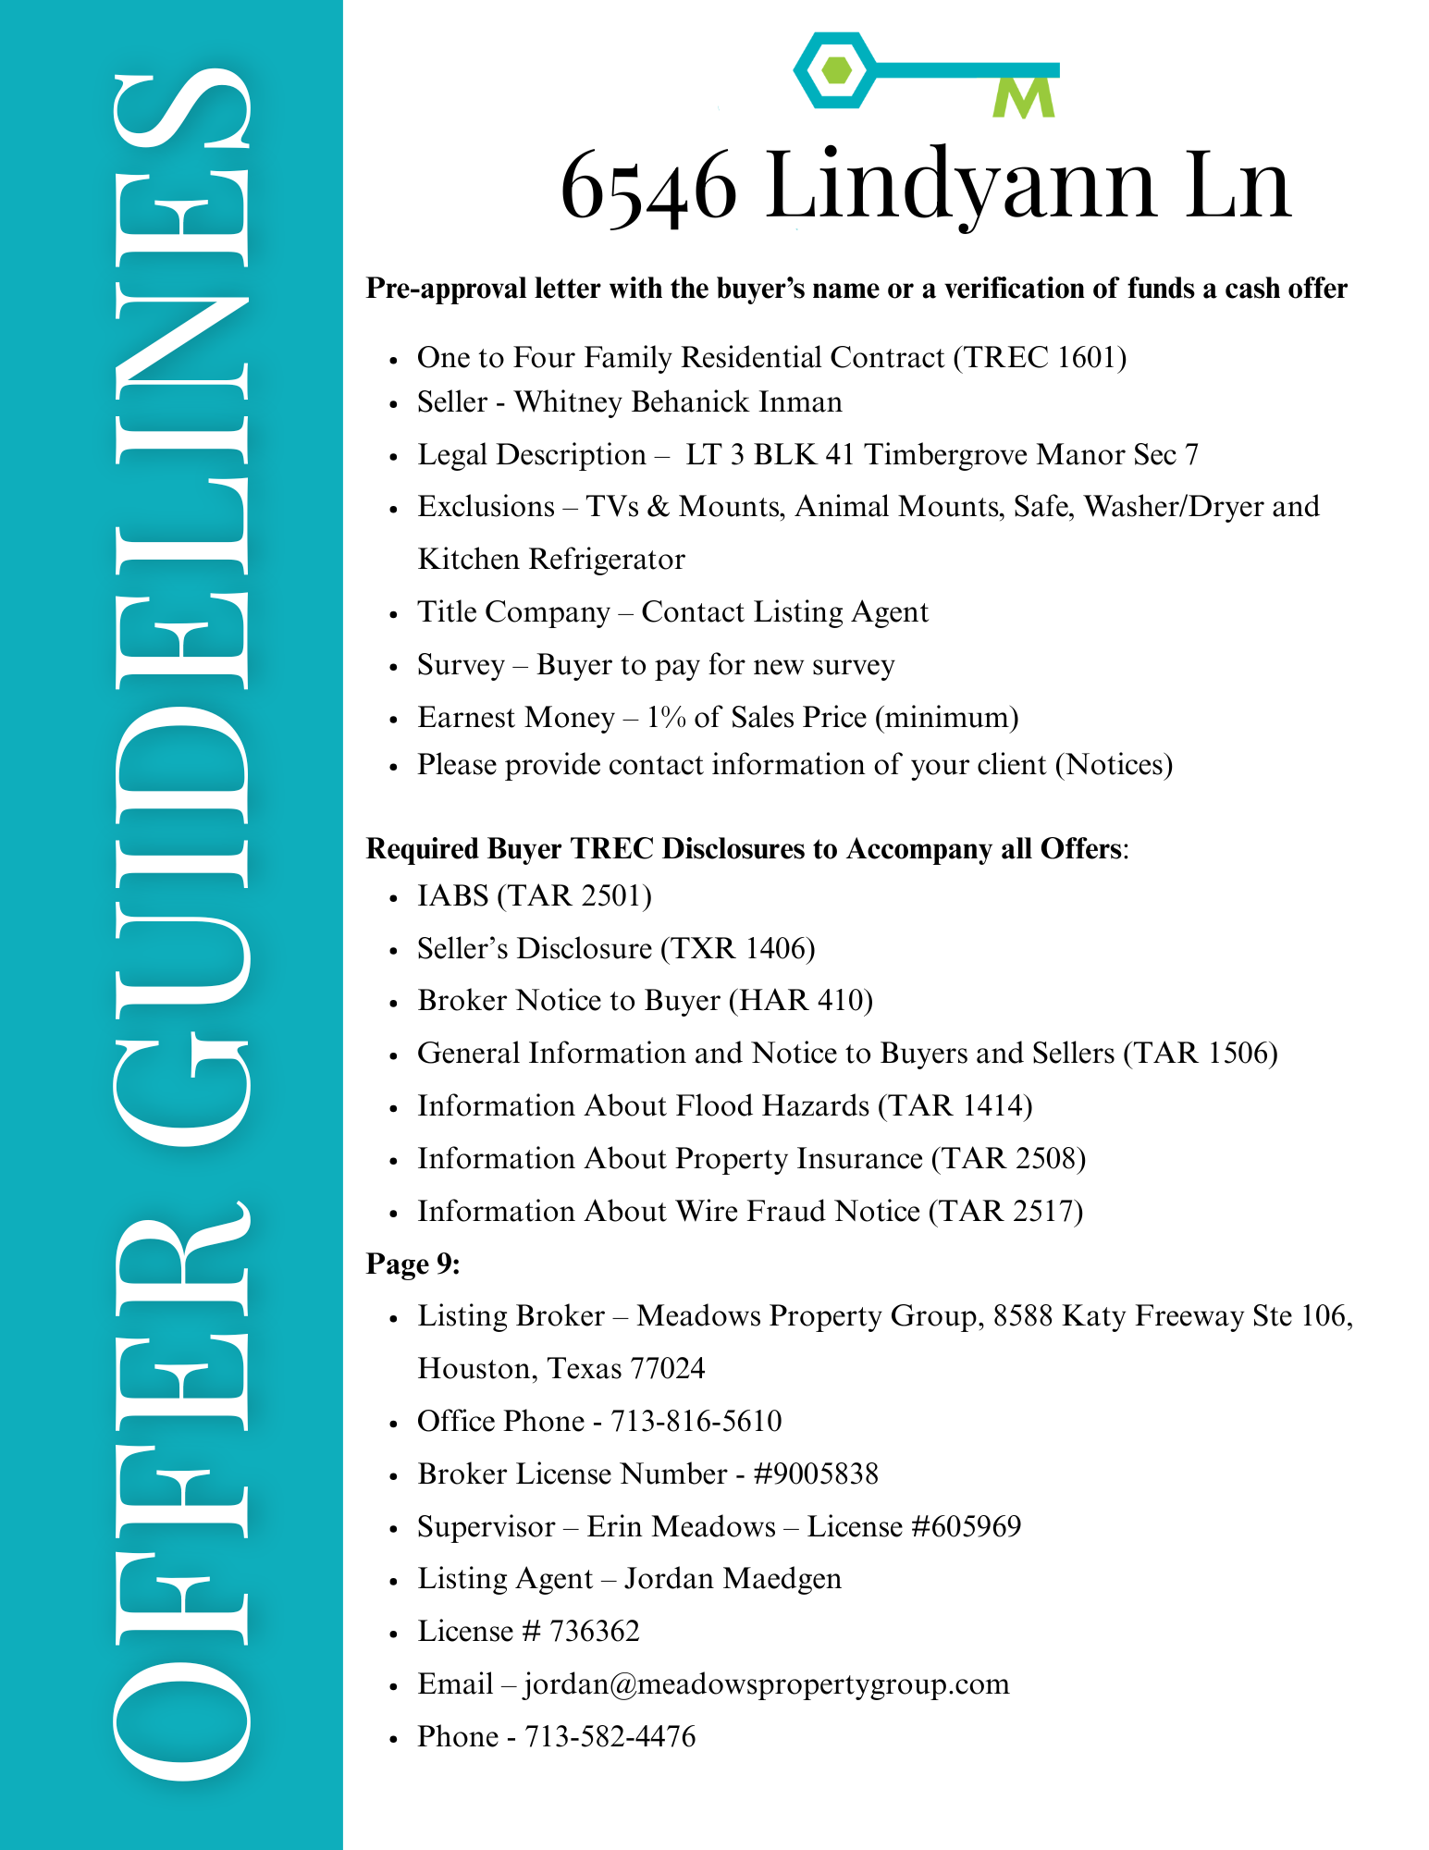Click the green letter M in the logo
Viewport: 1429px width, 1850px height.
1024,97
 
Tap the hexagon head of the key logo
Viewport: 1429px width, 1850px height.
835,70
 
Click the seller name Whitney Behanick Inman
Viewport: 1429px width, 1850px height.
678,402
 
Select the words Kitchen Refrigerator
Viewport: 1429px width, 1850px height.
551,560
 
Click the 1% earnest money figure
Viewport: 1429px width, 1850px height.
666,718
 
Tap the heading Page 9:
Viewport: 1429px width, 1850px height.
413,1264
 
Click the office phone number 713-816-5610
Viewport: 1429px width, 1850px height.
696,1421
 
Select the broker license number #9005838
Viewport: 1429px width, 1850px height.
816,1474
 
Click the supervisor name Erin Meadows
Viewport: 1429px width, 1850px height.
681,1526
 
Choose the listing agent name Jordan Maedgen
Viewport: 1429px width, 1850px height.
733,1579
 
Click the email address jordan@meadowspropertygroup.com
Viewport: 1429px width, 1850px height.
766,1684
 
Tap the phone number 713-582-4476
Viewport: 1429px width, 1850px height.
610,1737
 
